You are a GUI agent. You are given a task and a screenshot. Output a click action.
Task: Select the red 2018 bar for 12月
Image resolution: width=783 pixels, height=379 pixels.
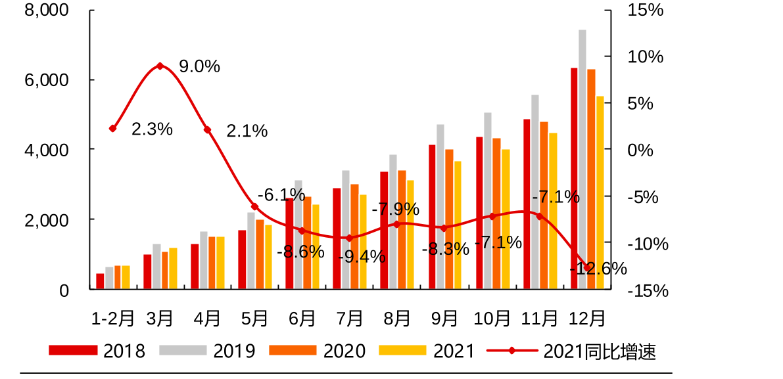(574, 178)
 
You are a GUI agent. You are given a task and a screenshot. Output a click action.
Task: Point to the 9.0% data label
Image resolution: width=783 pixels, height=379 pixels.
(199, 66)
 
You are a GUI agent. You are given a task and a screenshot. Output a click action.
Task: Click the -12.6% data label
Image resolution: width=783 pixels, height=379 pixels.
(598, 269)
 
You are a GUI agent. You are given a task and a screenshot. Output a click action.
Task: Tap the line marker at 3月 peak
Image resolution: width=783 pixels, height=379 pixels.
(160, 66)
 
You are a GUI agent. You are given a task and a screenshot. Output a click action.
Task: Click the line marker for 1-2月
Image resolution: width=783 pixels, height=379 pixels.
(112, 129)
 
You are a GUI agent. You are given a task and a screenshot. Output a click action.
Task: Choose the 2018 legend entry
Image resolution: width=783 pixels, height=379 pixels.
(98, 351)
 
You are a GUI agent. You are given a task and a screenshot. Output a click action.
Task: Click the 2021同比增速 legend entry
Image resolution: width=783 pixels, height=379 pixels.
(571, 351)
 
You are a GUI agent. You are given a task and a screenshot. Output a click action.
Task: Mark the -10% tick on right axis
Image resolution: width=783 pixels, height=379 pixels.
(647, 244)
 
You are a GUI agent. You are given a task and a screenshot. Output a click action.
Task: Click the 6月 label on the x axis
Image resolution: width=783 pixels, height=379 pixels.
(302, 319)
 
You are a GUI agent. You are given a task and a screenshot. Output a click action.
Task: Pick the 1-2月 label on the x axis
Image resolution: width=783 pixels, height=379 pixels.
(113, 319)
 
